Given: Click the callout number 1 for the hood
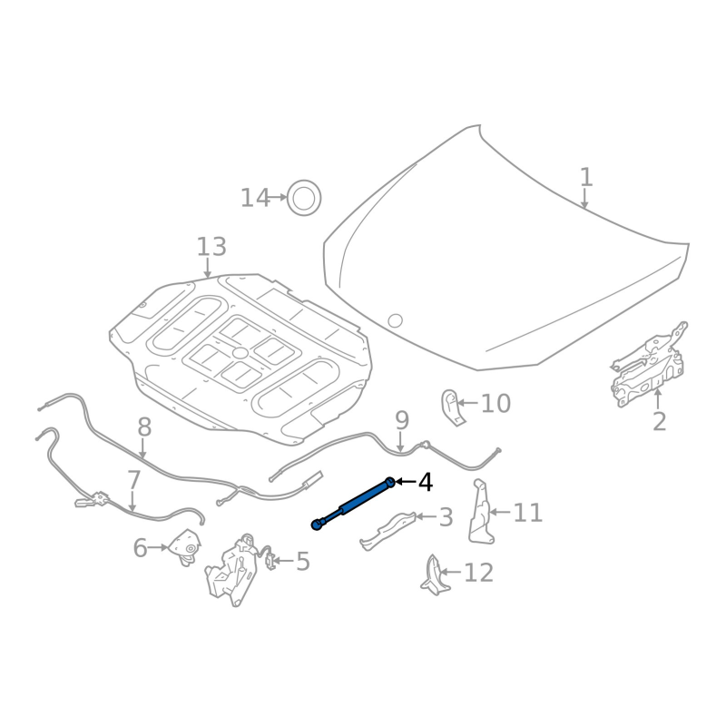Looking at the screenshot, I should [x=586, y=176].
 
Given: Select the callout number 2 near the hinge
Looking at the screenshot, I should [x=659, y=421].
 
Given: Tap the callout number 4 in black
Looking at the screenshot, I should [x=425, y=482].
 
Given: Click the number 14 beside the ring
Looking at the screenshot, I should [x=255, y=198].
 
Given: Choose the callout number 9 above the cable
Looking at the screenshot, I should [x=401, y=420].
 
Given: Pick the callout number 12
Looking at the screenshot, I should [x=478, y=573].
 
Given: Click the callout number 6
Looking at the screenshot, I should [x=140, y=548].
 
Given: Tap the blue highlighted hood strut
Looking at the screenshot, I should [x=354, y=503].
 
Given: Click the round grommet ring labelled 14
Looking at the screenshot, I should [x=304, y=197].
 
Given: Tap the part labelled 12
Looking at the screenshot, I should [x=434, y=575].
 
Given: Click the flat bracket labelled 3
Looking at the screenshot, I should [x=390, y=530].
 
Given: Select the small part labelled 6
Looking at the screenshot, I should [x=186, y=548].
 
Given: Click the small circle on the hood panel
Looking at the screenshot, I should [x=395, y=320].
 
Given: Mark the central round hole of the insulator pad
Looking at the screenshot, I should [x=240, y=352].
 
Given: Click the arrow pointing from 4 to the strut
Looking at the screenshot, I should [x=405, y=482].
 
